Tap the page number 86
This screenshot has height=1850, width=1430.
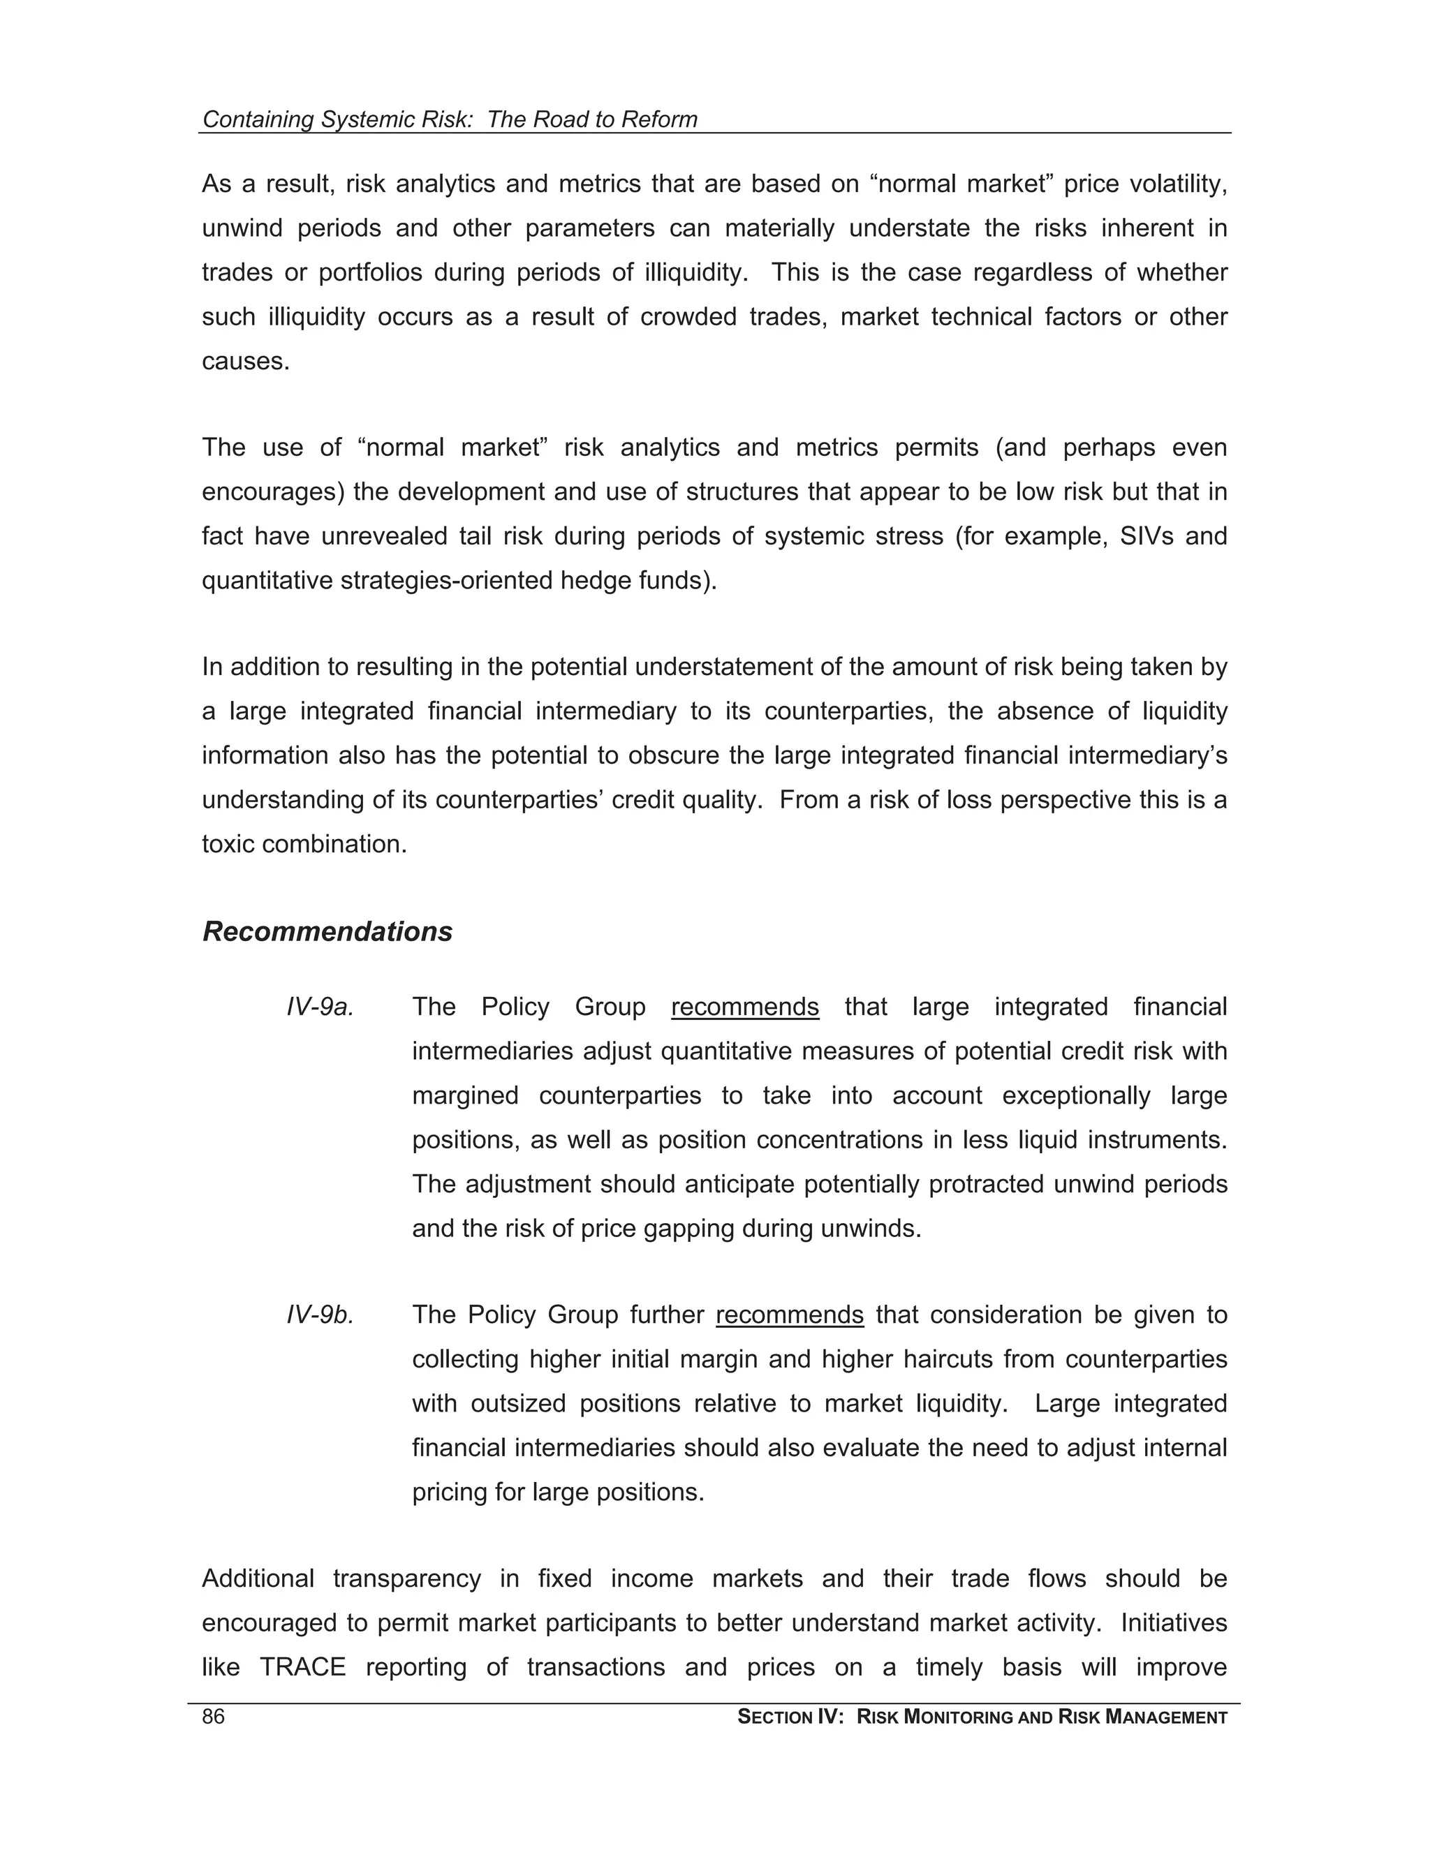pyautogui.click(x=214, y=1717)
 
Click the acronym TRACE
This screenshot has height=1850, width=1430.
pyautogui.click(x=302, y=1667)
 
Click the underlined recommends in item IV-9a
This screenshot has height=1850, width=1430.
pyautogui.click(x=744, y=1007)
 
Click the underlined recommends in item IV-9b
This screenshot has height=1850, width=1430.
pyautogui.click(x=790, y=1315)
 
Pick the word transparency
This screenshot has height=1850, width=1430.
pyautogui.click(x=406, y=1579)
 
